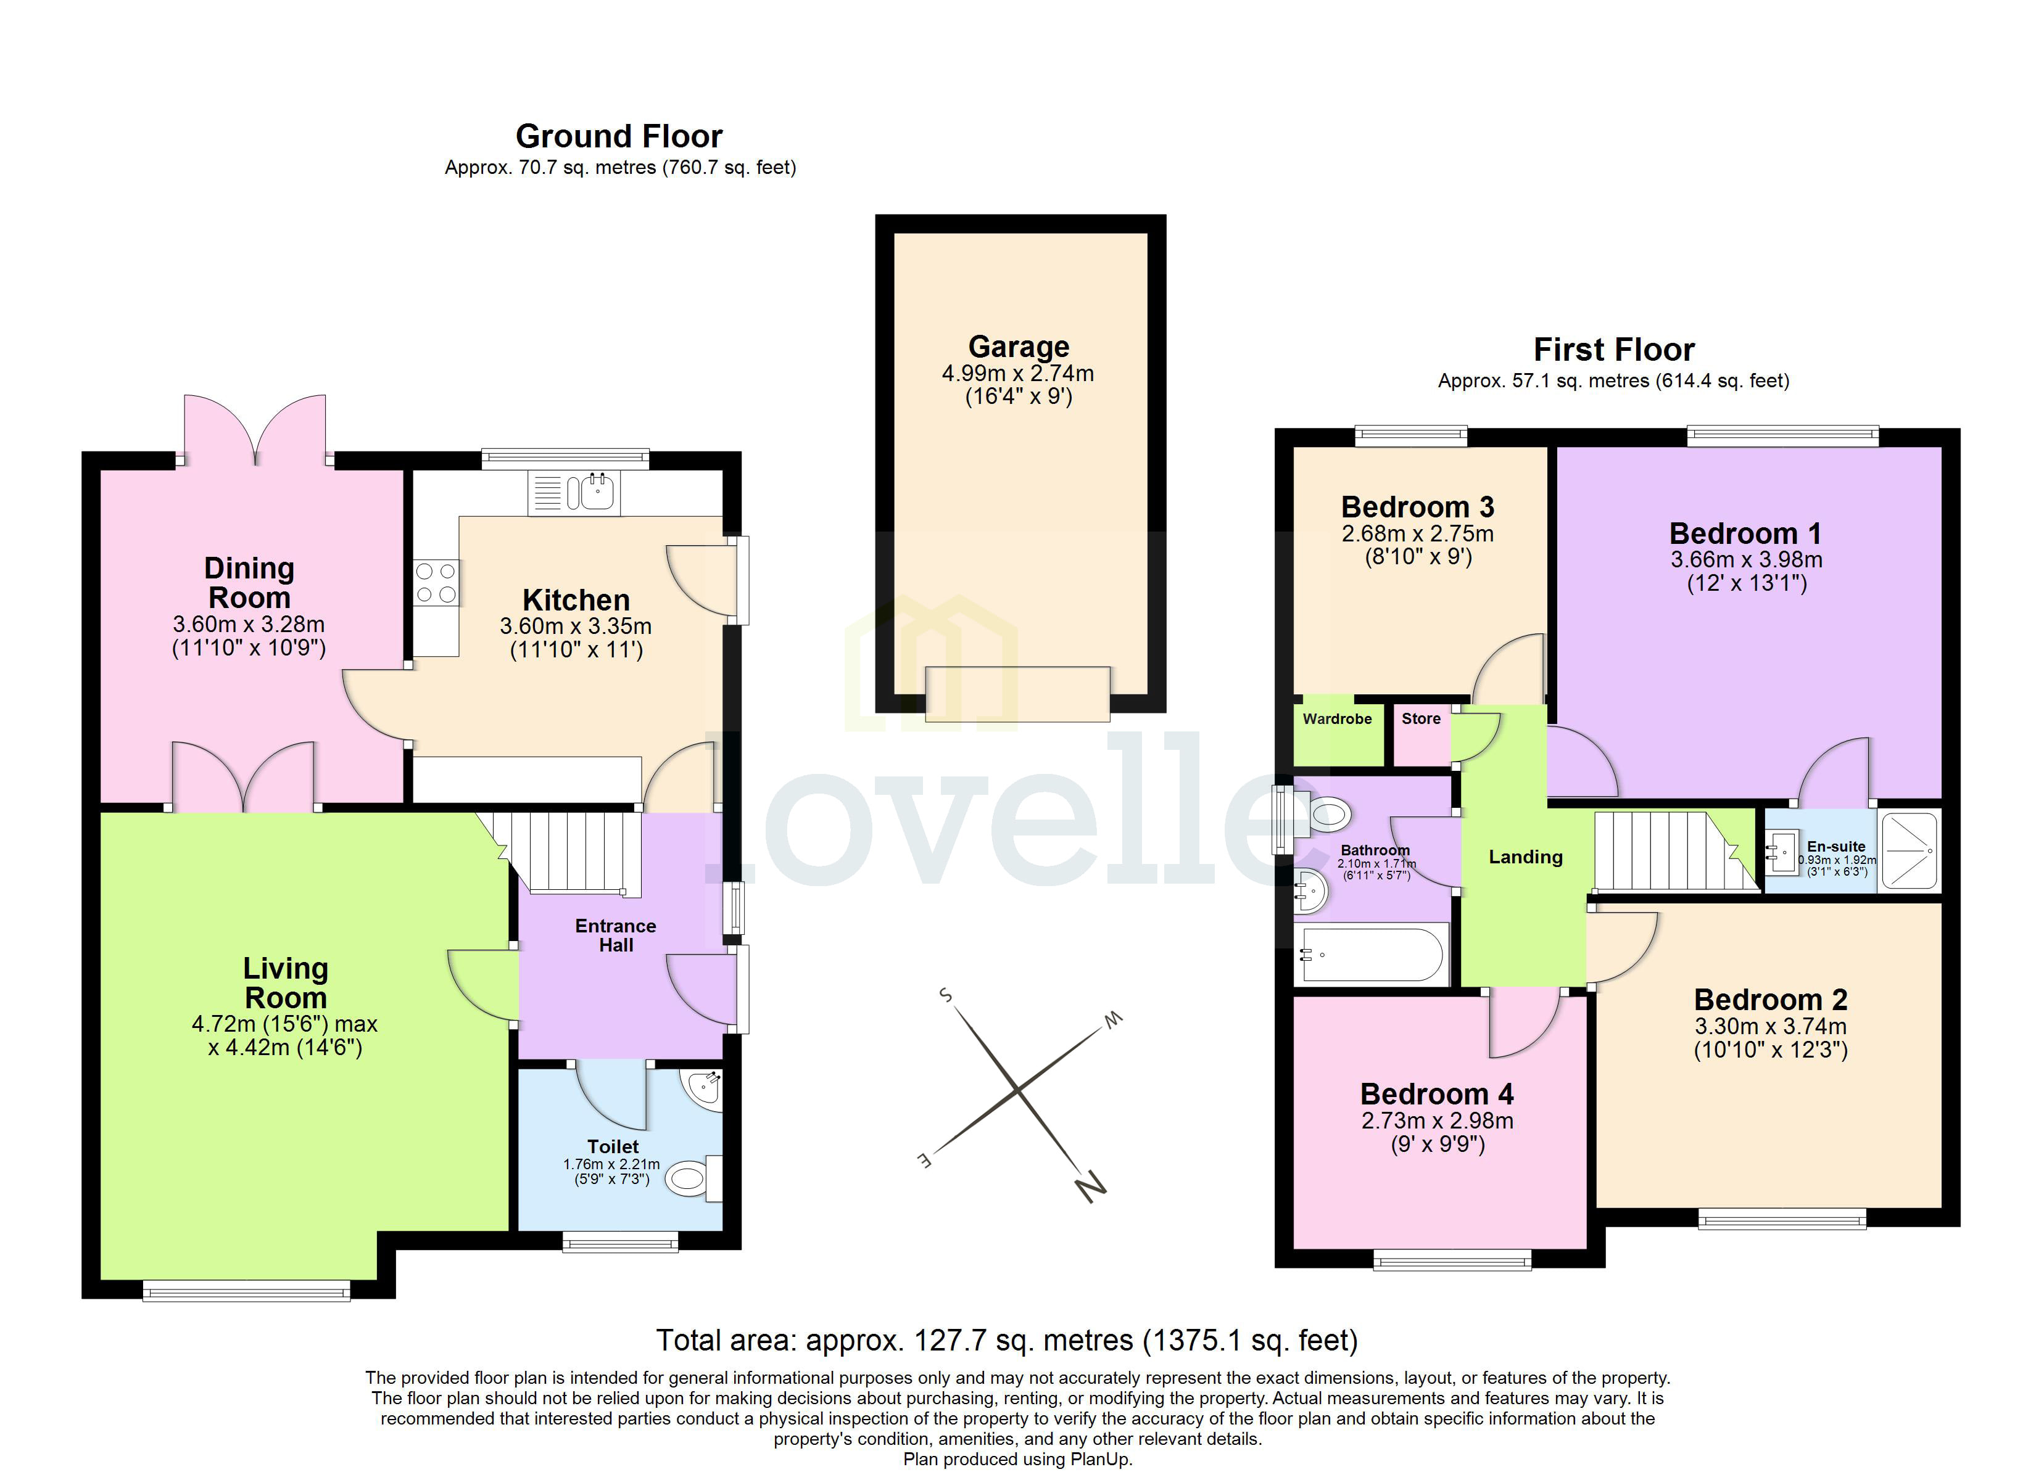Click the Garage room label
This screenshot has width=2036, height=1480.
[x=1018, y=347]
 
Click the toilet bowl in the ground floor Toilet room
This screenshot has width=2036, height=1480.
[x=689, y=1178]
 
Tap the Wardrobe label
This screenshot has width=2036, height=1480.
[x=1337, y=719]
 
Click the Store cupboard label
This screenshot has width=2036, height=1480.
[x=1420, y=719]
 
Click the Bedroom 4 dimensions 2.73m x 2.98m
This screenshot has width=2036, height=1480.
[x=1436, y=1121]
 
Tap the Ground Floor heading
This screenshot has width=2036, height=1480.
[x=619, y=136]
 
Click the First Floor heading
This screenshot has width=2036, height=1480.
[x=1613, y=349]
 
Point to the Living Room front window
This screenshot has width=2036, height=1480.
[x=246, y=1293]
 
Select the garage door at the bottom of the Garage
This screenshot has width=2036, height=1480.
[x=1017, y=694]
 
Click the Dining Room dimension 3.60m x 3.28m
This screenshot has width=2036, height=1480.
[x=249, y=625]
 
